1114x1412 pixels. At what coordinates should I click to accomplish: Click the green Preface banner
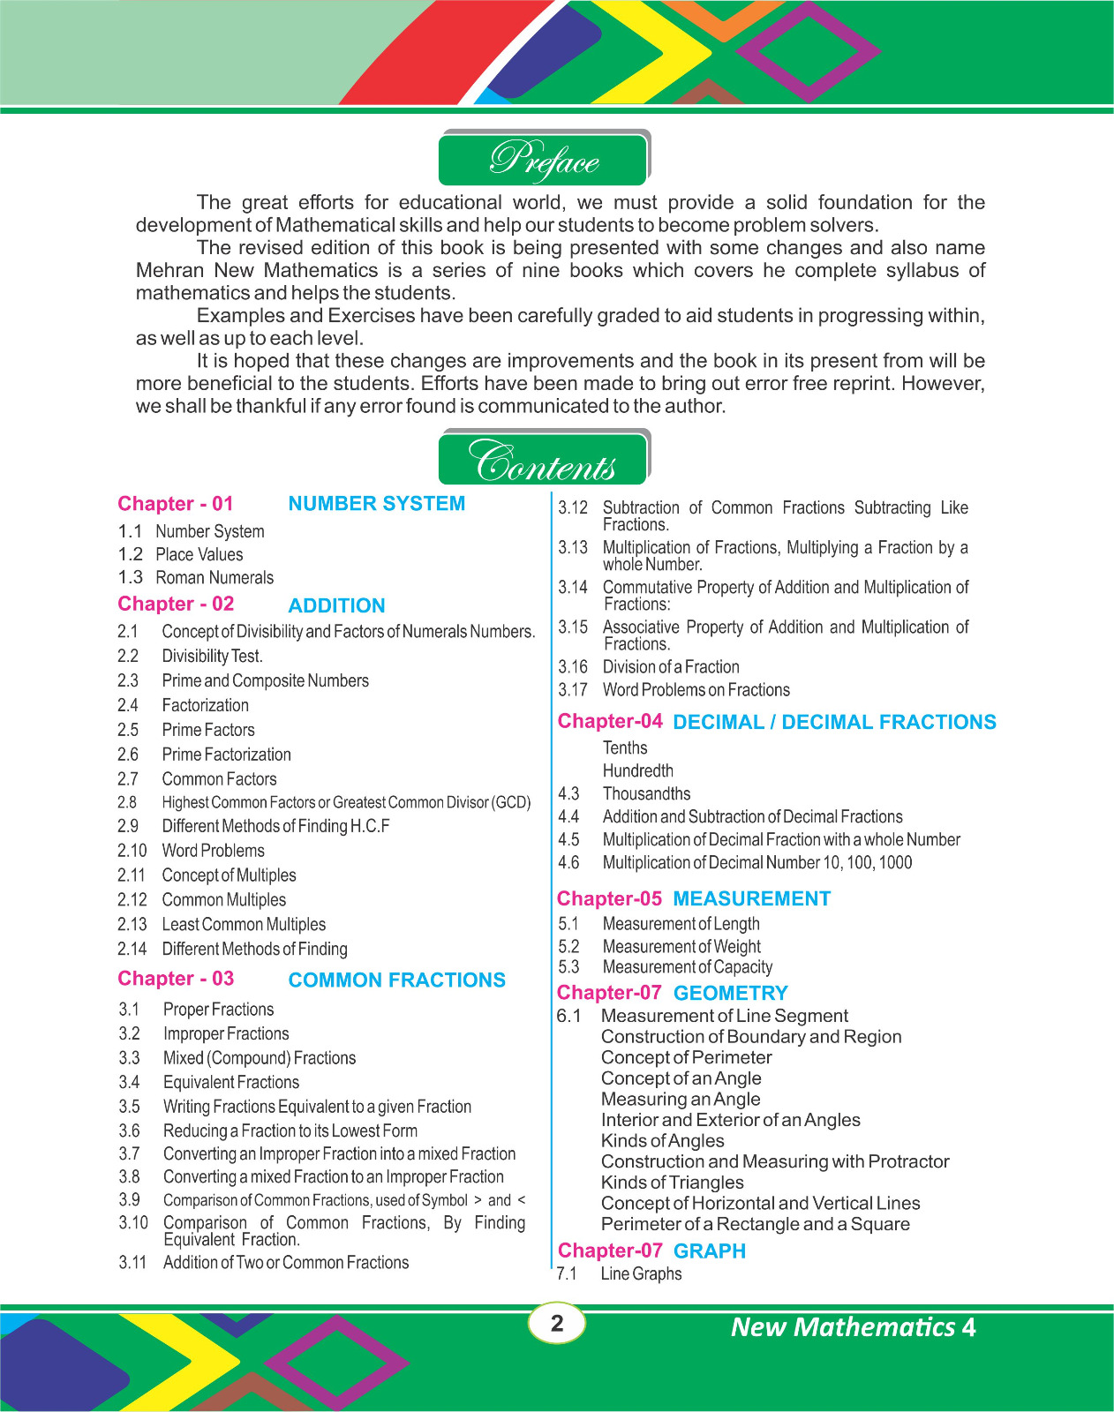point(544,159)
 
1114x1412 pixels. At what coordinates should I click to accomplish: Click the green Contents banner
point(544,459)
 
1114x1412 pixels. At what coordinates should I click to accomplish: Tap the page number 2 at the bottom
point(557,1323)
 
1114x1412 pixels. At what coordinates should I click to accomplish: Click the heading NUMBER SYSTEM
point(376,504)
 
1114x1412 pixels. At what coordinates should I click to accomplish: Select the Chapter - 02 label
point(176,605)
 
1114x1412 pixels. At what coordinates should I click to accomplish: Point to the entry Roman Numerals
point(215,578)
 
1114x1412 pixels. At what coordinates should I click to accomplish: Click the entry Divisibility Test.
point(212,657)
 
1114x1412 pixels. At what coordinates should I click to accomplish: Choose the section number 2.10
point(132,851)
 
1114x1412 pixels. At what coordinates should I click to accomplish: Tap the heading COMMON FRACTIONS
point(396,980)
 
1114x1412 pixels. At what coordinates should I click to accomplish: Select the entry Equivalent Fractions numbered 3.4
point(231,1083)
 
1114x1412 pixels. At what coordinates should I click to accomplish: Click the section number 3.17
point(573,690)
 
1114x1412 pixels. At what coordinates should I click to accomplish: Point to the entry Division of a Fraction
point(671,667)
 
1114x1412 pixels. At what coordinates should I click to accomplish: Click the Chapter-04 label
point(610,722)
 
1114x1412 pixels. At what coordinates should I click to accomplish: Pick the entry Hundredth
point(637,771)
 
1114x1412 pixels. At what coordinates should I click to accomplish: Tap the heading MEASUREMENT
point(751,899)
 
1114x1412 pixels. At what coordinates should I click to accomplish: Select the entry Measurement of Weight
point(681,947)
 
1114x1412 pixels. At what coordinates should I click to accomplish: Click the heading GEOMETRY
point(730,994)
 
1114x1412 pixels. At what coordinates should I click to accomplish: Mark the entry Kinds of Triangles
point(672,1183)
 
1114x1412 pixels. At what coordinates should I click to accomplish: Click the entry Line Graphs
point(641,1274)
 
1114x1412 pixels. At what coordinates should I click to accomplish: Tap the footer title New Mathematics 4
point(853,1327)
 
